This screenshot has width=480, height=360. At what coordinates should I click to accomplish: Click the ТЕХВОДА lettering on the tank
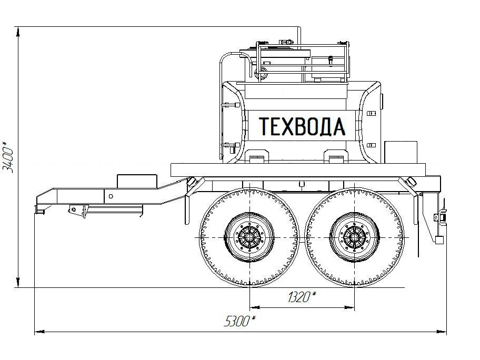pos(302,126)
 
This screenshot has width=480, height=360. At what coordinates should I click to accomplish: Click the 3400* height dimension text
pos(8,157)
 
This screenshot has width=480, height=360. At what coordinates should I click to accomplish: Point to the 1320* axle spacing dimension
pos(302,296)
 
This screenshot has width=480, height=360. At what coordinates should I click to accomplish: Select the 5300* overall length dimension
pos(239,321)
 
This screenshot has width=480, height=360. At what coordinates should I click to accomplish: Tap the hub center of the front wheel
pos(250,237)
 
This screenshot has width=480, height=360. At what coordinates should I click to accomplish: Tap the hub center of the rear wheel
pos(355,237)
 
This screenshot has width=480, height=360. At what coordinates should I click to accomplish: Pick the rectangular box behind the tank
pos(401,152)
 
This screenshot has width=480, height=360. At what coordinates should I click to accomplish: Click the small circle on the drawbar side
pos(111,196)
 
